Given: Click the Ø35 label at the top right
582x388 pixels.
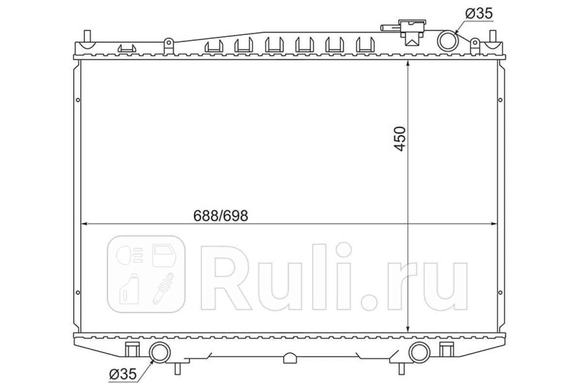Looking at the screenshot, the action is click(x=479, y=13).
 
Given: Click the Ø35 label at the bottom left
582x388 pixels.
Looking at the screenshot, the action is click(x=123, y=374).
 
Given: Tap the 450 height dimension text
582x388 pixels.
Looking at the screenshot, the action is click(x=400, y=139).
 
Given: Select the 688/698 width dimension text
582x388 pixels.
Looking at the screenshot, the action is click(x=221, y=216).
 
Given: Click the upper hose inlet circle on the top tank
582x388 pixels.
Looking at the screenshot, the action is click(x=448, y=41).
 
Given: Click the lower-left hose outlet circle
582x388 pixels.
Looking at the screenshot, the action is click(x=160, y=352).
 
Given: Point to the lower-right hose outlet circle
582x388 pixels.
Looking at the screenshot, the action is click(x=420, y=352).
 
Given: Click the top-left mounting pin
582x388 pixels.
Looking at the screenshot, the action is click(x=87, y=36).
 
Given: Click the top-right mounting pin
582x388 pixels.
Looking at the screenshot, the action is click(x=492, y=36).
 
